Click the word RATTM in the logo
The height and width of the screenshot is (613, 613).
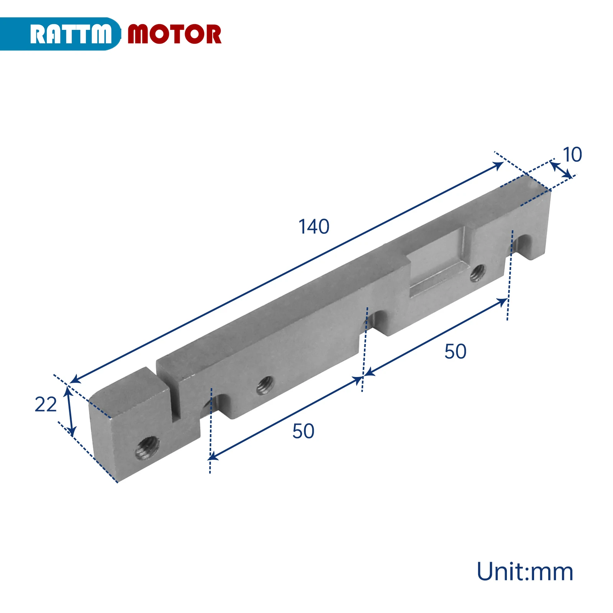[71, 34]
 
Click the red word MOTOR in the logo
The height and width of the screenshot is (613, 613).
[174, 34]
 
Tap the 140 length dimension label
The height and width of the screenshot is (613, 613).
[314, 226]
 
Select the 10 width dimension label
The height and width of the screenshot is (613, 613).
[572, 155]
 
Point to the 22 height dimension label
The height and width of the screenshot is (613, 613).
[46, 404]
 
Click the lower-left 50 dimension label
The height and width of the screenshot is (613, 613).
[303, 431]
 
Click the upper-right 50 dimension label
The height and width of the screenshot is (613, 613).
[456, 351]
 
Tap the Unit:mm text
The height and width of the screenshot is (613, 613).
[525, 572]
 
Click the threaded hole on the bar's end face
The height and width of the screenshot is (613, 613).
[148, 447]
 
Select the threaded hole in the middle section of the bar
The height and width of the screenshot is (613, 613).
[265, 385]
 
